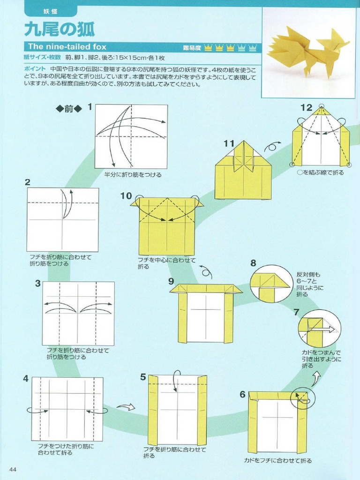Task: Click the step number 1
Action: click(x=90, y=107)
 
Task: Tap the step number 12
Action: click(x=306, y=107)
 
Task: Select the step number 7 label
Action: click(x=296, y=312)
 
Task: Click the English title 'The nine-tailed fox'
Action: click(x=67, y=46)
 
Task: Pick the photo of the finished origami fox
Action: click(x=308, y=52)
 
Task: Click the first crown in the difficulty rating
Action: click(x=208, y=47)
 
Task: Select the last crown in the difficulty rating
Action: click(x=253, y=47)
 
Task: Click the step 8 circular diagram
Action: click(x=271, y=284)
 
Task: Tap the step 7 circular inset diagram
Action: click(x=319, y=328)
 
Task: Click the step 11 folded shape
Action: click(x=243, y=171)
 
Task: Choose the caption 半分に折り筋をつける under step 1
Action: click(x=133, y=175)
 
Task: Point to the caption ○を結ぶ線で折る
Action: click(x=321, y=172)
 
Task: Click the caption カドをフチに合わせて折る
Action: click(x=277, y=461)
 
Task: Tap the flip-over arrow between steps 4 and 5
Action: click(x=126, y=407)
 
